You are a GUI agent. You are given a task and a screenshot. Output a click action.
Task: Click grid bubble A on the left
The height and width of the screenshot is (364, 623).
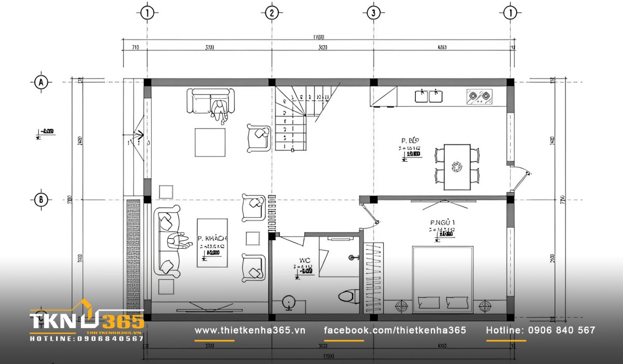coord(40,82)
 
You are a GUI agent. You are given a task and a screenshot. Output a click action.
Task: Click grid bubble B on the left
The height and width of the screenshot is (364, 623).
coord(40,199)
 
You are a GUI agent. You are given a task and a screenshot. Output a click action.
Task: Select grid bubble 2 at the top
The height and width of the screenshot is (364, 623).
coord(271,13)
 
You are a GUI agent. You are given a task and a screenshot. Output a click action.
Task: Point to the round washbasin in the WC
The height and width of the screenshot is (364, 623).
coord(289,303)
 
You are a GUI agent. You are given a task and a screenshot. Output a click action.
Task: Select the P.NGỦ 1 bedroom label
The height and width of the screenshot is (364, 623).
coord(443,223)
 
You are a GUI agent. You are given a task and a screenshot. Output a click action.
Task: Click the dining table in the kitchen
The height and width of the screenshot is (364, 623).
coord(457,166)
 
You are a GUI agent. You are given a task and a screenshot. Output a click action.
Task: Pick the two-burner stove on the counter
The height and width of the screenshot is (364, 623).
coord(480,97)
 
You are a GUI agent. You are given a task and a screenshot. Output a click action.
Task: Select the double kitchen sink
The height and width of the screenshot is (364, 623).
coord(428,96)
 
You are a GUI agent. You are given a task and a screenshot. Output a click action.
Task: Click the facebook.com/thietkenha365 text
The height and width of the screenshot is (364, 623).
coord(395,330)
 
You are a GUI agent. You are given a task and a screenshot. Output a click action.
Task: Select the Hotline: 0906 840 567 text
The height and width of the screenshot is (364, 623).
coord(540,330)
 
